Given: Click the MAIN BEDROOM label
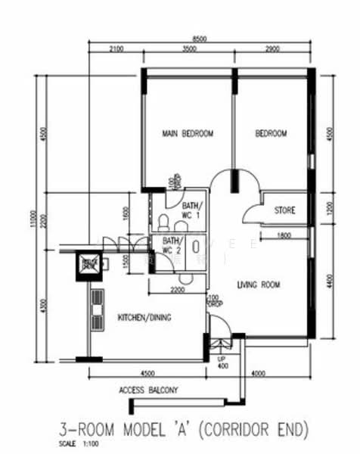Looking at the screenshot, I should tap(188, 134).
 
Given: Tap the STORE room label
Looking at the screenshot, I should tap(284, 210).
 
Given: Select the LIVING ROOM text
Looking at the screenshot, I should tap(259, 285).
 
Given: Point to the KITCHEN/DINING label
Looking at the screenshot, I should tap(144, 318).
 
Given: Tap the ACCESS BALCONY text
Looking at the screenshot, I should tap(148, 390).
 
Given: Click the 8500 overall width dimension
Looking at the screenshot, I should tap(200, 38).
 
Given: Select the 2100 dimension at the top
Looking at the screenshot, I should tap(115, 49).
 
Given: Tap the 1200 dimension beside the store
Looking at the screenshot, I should tap(329, 210).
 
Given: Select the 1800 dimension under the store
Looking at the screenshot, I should tap(284, 235).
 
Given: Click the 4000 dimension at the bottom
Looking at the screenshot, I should tap(258, 372).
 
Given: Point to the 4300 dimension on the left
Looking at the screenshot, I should tap(45, 306).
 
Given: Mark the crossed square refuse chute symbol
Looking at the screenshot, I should tap(90, 264).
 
